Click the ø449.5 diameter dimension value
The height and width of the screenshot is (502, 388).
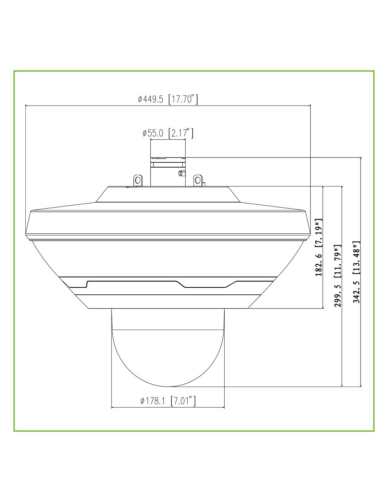[x=151, y=99]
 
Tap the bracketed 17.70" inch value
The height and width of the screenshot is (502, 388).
[x=183, y=99]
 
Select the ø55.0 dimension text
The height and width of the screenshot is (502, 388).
[x=153, y=133]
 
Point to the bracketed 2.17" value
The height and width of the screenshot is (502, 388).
[x=181, y=133]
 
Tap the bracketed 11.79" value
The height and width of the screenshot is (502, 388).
[x=338, y=263]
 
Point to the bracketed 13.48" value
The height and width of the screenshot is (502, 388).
[x=357, y=258]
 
